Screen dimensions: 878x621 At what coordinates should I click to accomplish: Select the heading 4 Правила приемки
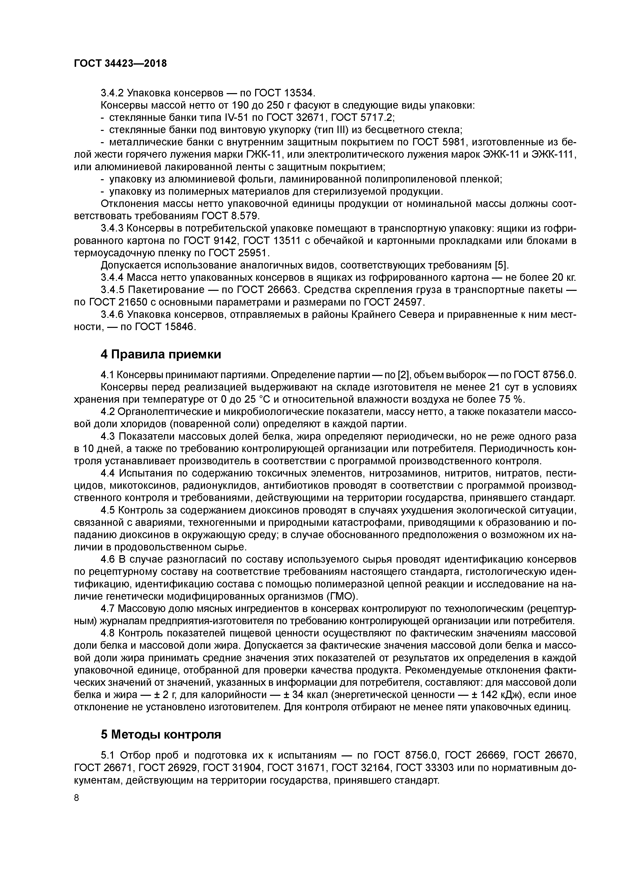[x=161, y=354]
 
